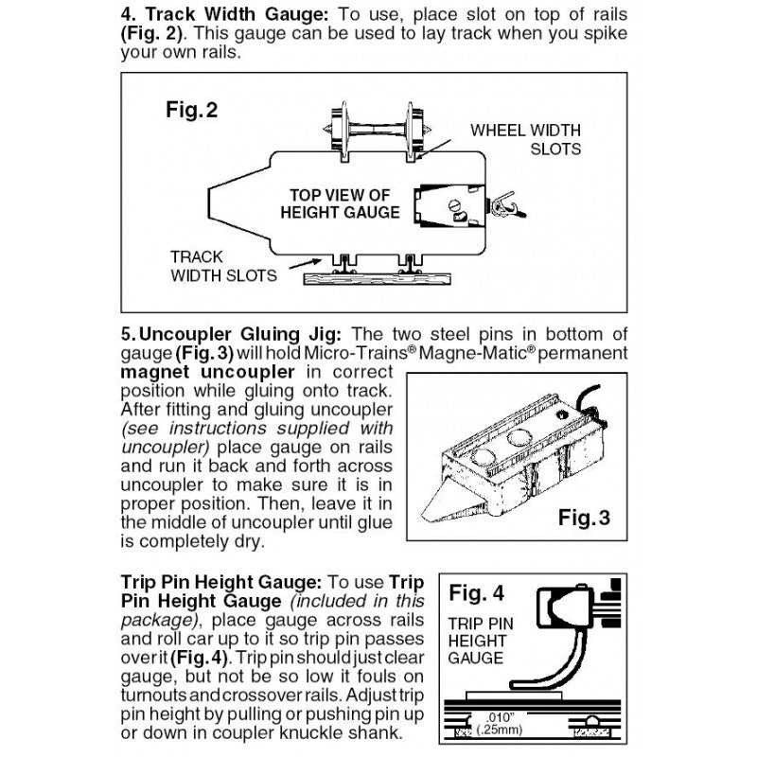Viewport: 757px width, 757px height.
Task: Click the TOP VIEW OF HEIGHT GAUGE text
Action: (340, 203)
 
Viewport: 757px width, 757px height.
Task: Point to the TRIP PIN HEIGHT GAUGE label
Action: (480, 641)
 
